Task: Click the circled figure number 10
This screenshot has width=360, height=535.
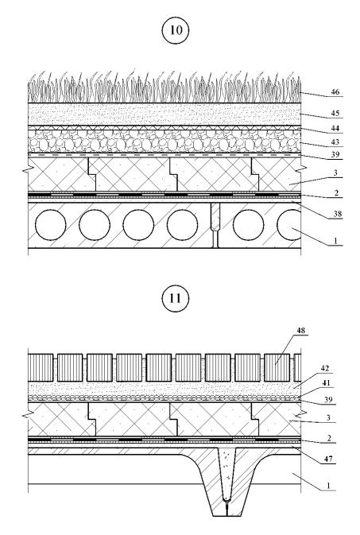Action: click(176, 30)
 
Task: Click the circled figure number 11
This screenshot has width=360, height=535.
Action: click(175, 298)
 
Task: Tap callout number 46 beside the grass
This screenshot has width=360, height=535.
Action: click(335, 91)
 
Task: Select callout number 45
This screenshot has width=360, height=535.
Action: click(335, 113)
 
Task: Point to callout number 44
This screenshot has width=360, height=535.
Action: click(335, 128)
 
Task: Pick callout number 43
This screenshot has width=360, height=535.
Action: click(335, 142)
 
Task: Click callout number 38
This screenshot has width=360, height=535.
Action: click(338, 214)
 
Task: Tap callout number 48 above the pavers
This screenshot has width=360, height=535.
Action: click(300, 330)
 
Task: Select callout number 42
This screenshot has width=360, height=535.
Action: click(325, 368)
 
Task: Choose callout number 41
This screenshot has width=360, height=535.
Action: click(327, 383)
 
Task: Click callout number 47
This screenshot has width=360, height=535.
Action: click(328, 459)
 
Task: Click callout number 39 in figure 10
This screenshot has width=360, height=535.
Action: click(335, 154)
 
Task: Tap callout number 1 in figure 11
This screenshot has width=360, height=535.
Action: click(328, 486)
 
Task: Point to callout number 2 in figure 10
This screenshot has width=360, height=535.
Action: click(336, 193)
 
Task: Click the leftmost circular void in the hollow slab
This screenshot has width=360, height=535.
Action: click(51, 225)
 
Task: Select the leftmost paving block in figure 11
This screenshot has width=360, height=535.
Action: click(41, 367)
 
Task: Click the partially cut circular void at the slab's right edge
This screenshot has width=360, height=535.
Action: click(289, 225)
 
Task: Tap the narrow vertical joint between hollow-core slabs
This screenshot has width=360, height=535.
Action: click(215, 225)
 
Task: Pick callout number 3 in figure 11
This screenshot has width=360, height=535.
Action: click(328, 417)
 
